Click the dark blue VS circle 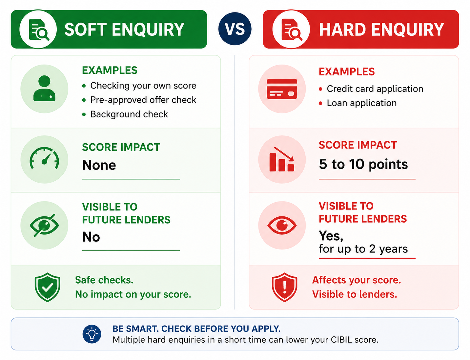click(x=235, y=29)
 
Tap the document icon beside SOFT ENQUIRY click(x=39, y=30)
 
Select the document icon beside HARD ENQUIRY click(x=292, y=30)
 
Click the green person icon click(x=44, y=88)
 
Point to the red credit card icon click(x=282, y=89)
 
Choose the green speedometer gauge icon click(x=44, y=158)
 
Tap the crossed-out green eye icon click(x=44, y=225)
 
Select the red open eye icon click(x=282, y=225)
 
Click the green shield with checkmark click(x=47, y=287)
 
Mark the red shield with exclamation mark click(x=284, y=287)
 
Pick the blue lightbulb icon click(x=92, y=334)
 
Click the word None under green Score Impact click(x=99, y=165)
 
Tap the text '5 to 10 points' click(x=363, y=165)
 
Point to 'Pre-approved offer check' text click(x=143, y=100)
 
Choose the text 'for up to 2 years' click(x=363, y=249)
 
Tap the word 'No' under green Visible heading click(x=91, y=237)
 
